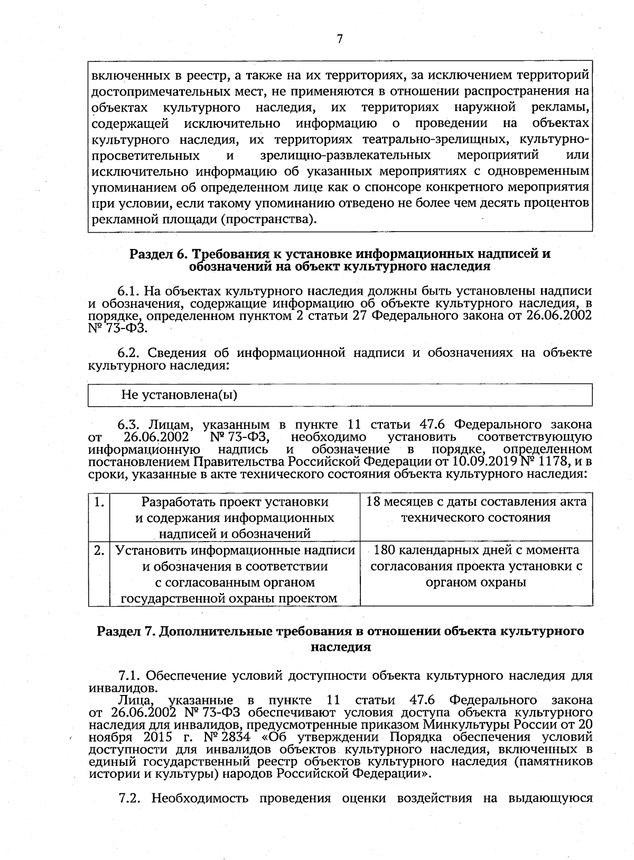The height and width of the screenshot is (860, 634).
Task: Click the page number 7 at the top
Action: (339, 39)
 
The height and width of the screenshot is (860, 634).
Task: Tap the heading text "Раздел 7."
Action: (125, 631)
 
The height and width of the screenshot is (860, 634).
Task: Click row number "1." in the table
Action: (98, 501)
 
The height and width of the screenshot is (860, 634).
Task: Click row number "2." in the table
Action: (99, 550)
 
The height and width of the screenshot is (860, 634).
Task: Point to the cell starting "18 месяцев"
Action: (476, 509)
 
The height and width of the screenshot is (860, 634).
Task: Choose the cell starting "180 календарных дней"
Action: (476, 566)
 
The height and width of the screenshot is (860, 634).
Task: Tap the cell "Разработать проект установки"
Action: (235, 517)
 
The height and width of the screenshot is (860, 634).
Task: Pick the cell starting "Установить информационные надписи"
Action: (235, 574)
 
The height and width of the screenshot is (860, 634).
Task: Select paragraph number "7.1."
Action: (129, 676)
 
